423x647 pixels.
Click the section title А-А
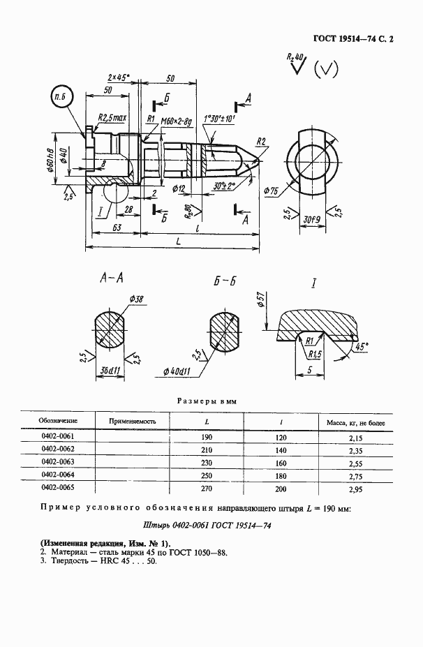[x=112, y=279]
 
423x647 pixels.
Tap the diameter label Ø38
[x=136, y=299]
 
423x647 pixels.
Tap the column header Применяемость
[x=133, y=421]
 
